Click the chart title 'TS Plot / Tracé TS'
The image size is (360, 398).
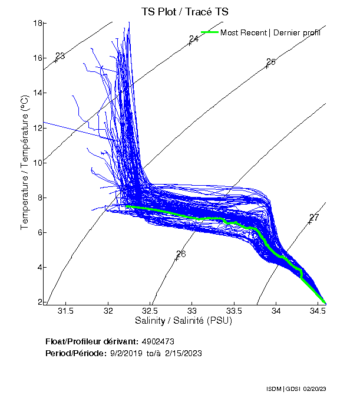[186, 11]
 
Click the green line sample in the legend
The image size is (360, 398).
[209, 32]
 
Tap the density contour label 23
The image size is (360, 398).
[60, 56]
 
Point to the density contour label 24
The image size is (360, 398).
[194, 39]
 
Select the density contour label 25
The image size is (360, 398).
[271, 62]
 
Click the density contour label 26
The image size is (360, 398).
[181, 254]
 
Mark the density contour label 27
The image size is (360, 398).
[314, 218]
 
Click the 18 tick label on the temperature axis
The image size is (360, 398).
[36, 23]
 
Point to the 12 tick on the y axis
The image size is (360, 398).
[36, 128]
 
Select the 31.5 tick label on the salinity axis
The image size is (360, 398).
[65, 311]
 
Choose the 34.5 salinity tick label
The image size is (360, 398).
[319, 311]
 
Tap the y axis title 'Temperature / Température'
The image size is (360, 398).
[25, 163]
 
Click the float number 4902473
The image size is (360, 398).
[158, 341]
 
